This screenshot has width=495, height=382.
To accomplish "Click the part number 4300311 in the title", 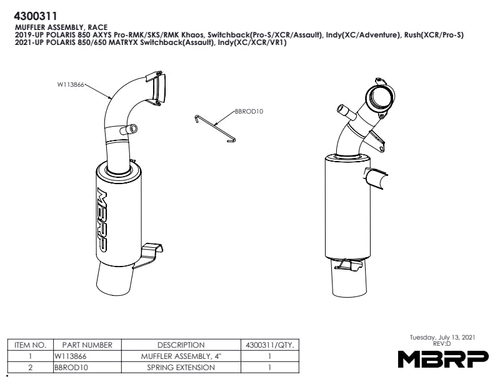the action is coord(36,16).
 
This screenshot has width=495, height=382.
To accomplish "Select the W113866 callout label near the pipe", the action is coord(71,84).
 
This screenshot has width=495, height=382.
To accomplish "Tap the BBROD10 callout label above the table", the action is coord(249,112).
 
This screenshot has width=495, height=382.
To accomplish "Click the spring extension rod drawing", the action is coord(215,127).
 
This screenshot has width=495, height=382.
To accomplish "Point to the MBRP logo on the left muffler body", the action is coord(102,220).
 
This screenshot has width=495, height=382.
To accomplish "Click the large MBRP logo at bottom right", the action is coord(442,359).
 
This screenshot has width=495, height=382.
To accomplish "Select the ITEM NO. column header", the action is coord(30,345).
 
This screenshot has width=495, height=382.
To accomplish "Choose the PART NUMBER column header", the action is coord(87,345).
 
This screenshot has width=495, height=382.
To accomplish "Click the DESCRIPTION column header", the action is coord(181,345).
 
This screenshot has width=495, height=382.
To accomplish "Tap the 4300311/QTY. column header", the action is coord(269,345).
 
